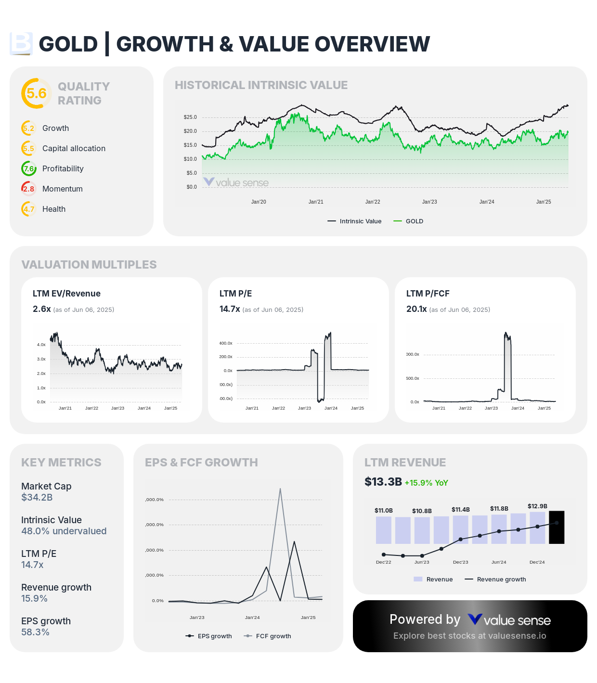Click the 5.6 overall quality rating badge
pos(36,93)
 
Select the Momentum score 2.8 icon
pos(28,189)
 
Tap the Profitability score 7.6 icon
pos(28,168)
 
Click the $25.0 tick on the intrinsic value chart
pos(190,117)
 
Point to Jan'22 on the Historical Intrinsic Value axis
pos(373,202)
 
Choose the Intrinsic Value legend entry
pos(355,221)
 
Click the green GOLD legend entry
pos(409,221)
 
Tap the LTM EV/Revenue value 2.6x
pos(41,309)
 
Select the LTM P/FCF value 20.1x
pos(416,309)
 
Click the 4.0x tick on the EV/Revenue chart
pos(41,345)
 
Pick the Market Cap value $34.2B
pos(37,497)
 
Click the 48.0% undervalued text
pos(64,531)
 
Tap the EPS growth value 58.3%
pos(35,632)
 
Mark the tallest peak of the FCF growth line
pos(280,489)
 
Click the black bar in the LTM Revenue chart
pos(557,527)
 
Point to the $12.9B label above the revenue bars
pos(537,506)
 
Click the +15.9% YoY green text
pos(426,483)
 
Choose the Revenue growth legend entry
pos(495,580)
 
